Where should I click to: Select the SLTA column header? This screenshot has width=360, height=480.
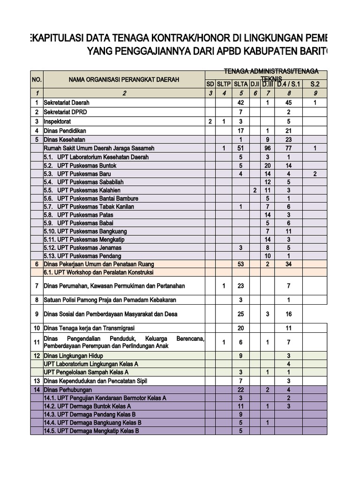click(240, 84)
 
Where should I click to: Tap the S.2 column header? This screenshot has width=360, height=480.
click(315, 84)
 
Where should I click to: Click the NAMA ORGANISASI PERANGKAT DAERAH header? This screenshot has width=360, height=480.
click(124, 80)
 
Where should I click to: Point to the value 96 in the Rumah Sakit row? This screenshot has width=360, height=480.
click(268, 148)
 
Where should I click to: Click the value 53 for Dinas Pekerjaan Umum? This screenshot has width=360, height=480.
click(240, 264)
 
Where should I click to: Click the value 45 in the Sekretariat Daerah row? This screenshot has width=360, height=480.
click(289, 102)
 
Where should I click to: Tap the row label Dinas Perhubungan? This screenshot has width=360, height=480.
click(67, 390)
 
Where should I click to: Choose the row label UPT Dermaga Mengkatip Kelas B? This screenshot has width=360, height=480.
click(91, 431)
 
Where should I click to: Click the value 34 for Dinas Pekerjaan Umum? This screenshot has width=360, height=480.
click(289, 264)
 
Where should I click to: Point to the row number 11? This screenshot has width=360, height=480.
click(37, 342)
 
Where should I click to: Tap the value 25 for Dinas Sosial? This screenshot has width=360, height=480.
click(240, 314)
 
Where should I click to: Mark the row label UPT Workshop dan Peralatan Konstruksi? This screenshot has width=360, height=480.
click(98, 272)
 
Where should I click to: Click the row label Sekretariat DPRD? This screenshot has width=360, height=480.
click(65, 112)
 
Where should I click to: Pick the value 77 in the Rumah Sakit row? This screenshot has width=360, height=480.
click(289, 148)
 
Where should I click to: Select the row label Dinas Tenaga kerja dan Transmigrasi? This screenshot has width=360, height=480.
click(89, 328)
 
